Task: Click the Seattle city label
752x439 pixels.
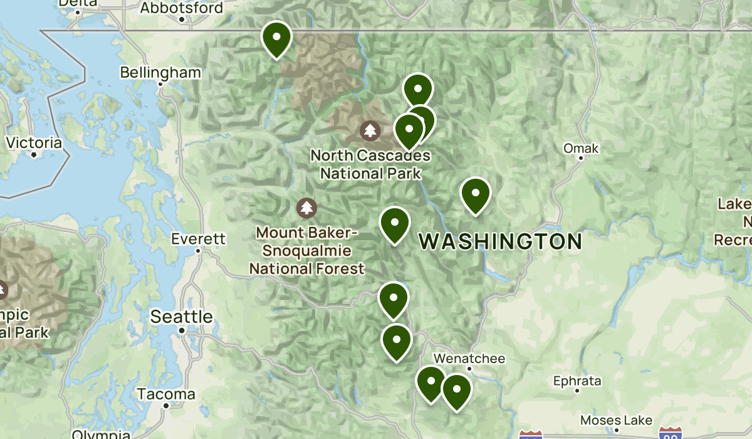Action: [181, 317]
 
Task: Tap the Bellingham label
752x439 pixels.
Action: [160, 73]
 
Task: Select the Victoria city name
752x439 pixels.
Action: [34, 143]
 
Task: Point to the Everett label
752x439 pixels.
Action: [198, 239]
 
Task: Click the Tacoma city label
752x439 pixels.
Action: [166, 394]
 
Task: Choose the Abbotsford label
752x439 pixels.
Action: [181, 8]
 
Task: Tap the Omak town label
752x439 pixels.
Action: [581, 149]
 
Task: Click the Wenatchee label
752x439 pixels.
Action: [469, 358]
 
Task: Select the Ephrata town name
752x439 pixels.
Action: [577, 381]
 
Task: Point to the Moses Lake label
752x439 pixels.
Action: [616, 420]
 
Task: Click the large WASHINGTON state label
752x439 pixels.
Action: [500, 241]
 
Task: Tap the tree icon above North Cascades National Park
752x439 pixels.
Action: [370, 131]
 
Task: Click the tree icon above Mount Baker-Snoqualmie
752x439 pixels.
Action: [306, 207]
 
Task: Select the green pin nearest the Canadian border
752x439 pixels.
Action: [276, 38]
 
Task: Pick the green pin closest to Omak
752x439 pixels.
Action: [475, 194]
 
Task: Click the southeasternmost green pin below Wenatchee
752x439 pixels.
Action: [457, 391]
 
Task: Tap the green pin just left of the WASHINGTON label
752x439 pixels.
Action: [395, 224]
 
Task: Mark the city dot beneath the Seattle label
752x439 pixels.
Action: [181, 330]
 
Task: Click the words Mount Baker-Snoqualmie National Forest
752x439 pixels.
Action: [306, 251]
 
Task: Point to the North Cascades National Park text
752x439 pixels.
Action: [370, 164]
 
